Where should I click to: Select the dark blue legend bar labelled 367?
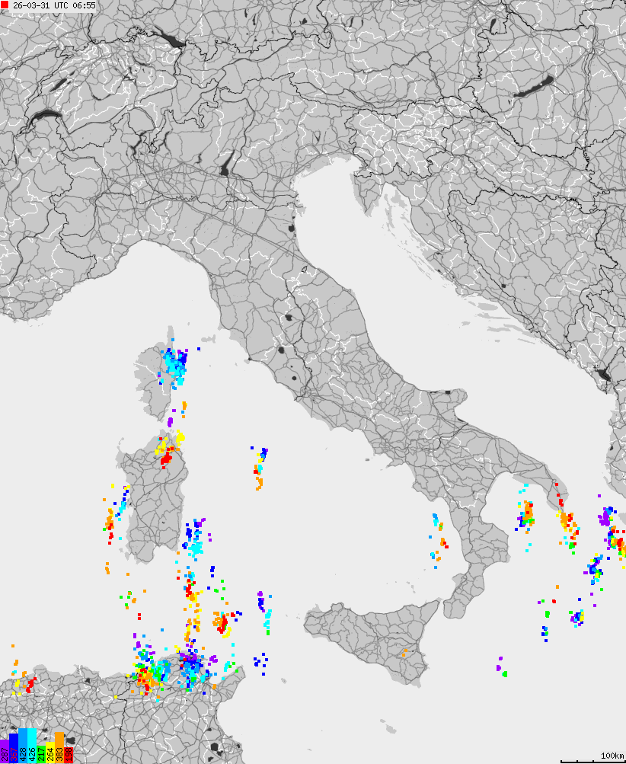point(13,748)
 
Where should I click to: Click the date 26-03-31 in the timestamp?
point(30,5)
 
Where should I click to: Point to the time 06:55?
point(85,5)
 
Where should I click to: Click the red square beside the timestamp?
point(5,5)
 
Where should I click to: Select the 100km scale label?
point(612,755)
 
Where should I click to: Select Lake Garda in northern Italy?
point(227,165)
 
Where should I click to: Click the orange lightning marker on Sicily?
point(404,652)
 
